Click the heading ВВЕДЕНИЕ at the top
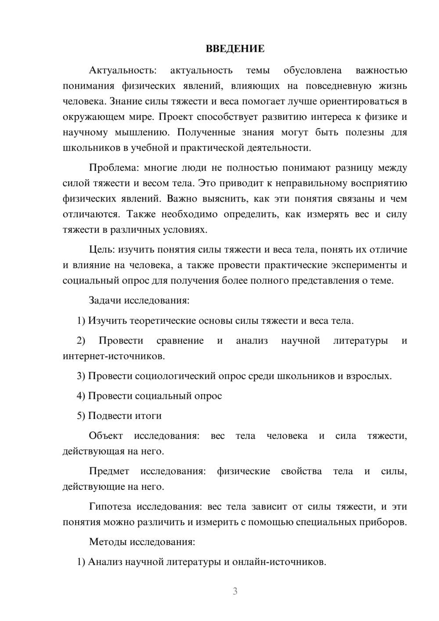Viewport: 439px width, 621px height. (x=235, y=49)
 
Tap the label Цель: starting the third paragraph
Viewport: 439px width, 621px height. (x=102, y=250)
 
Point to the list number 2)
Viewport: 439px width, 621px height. (x=81, y=341)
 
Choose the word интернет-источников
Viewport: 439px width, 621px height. (x=114, y=356)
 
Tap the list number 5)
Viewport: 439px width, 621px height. (x=81, y=415)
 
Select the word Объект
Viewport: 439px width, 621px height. (x=106, y=436)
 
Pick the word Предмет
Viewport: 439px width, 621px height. (x=109, y=471)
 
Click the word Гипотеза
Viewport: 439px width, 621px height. (x=110, y=506)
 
